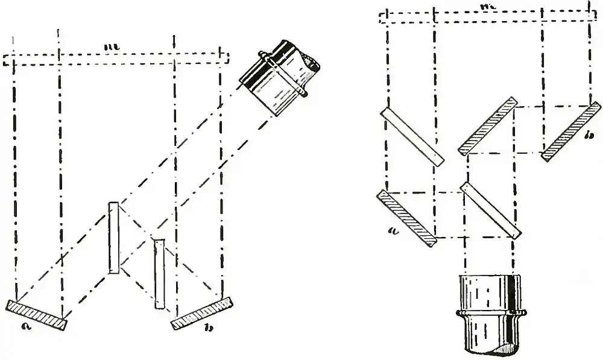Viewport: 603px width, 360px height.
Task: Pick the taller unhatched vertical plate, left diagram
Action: tap(113, 238)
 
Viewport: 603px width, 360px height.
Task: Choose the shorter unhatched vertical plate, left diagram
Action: tap(159, 274)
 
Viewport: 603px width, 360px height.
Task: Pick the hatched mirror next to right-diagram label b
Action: tap(571, 131)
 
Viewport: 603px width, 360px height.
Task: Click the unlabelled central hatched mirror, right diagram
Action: tap(487, 125)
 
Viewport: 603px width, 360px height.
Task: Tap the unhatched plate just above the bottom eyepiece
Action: tap(490, 210)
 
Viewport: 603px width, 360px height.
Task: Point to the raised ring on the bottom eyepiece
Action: tap(490, 312)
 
